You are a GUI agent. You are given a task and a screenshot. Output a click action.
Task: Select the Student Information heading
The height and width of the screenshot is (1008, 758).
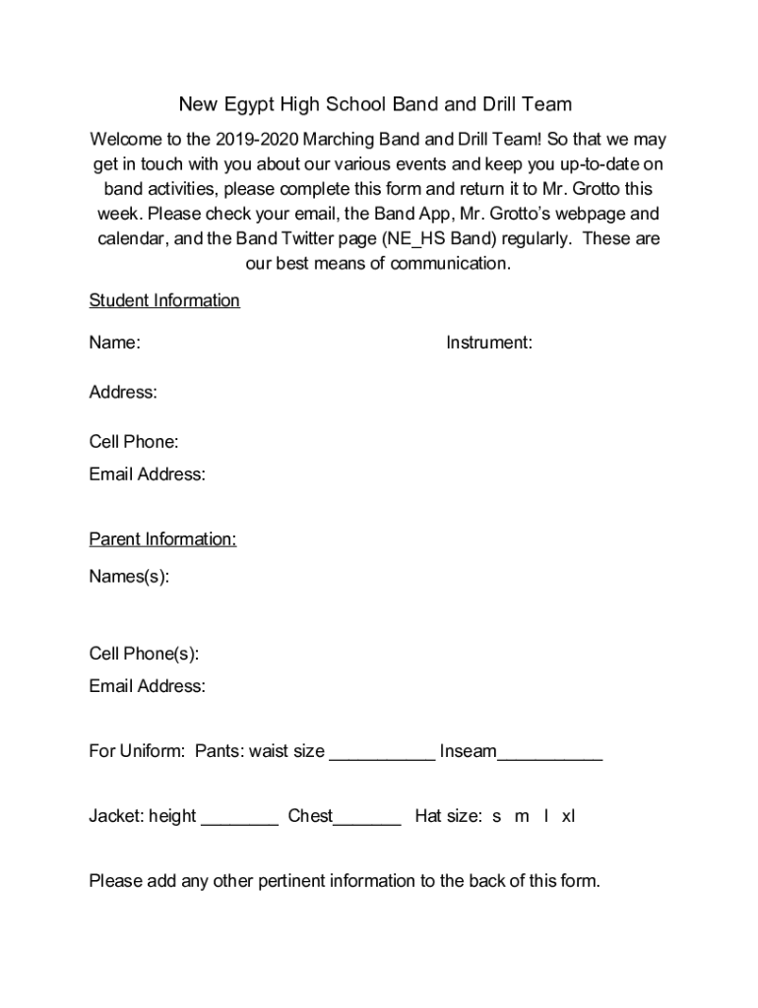(164, 300)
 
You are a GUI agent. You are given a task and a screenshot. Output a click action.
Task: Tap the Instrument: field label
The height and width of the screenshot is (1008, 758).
(489, 343)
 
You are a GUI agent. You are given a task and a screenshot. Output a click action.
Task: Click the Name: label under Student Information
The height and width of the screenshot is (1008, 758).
(114, 343)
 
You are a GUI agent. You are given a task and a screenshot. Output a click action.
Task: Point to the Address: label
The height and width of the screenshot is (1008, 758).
(123, 392)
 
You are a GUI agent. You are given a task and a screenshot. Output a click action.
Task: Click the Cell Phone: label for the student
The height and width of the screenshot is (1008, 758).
(134, 441)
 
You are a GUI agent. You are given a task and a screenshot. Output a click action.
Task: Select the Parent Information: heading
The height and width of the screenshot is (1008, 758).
(162, 539)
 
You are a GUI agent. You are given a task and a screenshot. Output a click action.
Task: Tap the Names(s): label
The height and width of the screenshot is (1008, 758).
(129, 577)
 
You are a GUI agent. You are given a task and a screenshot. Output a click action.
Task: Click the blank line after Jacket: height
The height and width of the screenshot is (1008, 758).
(239, 821)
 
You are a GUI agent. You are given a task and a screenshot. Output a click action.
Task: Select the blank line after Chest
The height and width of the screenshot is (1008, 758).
(367, 821)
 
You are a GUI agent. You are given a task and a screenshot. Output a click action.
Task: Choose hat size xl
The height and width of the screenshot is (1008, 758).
(568, 816)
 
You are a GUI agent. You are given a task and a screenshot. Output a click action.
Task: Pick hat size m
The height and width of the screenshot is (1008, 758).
(522, 816)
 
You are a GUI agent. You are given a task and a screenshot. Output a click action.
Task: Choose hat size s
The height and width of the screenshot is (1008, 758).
(497, 816)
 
